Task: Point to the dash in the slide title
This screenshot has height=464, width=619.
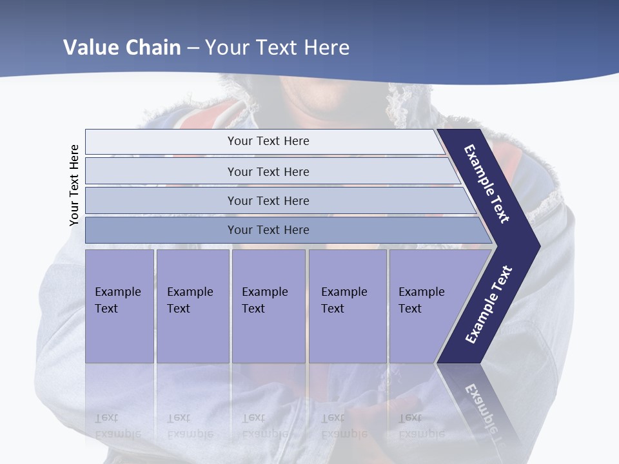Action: pos(193,48)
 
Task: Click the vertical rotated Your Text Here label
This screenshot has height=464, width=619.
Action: pos(74,185)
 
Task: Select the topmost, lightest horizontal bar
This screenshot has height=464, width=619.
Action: pos(268,141)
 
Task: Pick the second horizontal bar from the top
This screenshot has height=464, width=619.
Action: pos(268,171)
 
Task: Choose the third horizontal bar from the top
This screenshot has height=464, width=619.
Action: pos(268,200)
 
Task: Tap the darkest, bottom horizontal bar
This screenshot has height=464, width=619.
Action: pos(268,230)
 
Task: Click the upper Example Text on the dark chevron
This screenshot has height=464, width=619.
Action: pos(487,184)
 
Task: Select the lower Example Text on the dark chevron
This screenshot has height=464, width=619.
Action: pos(489,304)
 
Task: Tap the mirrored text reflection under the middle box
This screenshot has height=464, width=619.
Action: pos(264,425)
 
